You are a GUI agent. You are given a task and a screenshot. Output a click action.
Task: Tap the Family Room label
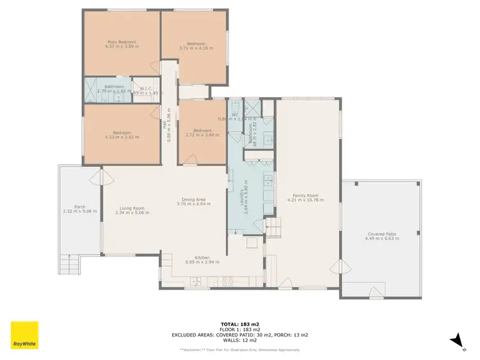point(306,196)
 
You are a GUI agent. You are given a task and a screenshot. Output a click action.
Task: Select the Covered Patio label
point(381,234)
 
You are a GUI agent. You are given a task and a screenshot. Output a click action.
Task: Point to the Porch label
point(80,207)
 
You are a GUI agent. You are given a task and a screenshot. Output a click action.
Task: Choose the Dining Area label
point(194,200)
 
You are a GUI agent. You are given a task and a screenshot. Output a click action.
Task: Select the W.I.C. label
point(147,89)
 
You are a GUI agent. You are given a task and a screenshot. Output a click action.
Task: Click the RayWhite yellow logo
point(24,335)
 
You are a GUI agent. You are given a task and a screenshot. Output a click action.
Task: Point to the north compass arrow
point(456,341)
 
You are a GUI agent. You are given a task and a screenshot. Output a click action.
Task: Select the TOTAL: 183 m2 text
point(240,324)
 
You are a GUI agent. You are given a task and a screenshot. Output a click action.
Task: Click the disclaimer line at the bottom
point(240,350)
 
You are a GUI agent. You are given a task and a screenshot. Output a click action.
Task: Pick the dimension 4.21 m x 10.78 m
point(306,200)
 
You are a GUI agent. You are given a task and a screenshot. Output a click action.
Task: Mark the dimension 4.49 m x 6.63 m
point(381,239)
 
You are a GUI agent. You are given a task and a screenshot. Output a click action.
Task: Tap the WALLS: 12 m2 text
point(240,340)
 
